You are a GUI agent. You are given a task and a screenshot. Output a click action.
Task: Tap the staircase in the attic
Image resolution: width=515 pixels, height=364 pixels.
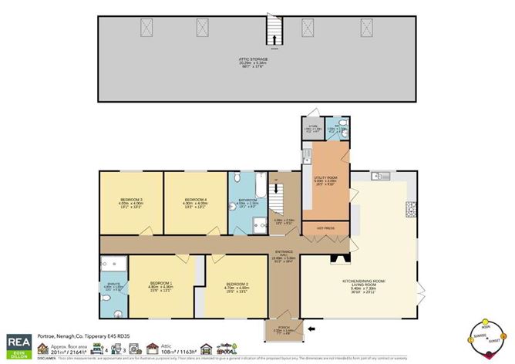(x=272, y=32)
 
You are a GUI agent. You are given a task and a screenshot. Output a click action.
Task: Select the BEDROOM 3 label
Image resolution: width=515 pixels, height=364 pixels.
(x=130, y=202)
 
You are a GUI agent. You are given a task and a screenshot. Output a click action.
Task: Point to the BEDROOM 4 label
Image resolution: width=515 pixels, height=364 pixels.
(x=195, y=202)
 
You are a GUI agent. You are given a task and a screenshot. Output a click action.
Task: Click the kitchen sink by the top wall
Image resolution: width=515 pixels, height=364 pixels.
(x=380, y=177)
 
